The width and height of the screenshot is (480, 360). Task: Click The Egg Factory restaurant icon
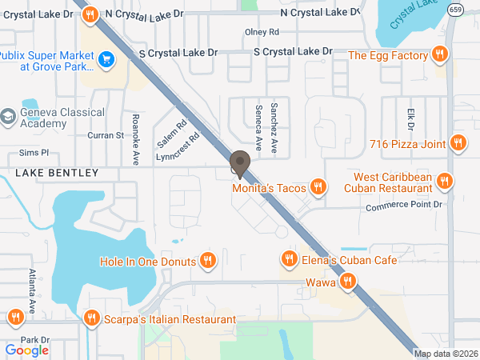pos(438,54)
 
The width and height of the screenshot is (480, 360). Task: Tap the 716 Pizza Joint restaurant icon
pos(458,143)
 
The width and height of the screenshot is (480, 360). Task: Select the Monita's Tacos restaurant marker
pos(318,187)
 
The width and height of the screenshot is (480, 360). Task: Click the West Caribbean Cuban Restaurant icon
pos(446,182)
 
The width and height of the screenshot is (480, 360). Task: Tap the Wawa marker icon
pos(347,282)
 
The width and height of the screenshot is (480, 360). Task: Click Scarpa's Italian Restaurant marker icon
pos(92,318)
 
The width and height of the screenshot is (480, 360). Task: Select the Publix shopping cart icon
pos(106,59)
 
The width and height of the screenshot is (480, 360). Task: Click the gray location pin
pos(239,163)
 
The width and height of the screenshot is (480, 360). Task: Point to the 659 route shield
pos(455,9)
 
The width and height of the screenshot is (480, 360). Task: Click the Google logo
pos(26,350)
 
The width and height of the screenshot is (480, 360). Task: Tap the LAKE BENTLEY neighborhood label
pos(56,173)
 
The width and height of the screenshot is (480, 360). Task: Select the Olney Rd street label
pos(262,32)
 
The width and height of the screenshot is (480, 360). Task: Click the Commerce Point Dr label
pos(404,206)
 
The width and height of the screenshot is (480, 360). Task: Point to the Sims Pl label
pos(34,152)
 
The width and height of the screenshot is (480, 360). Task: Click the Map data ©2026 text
pos(446,354)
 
